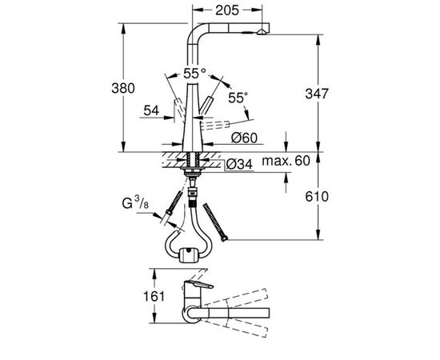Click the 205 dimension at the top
coord(226,10)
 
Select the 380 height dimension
coord(123,88)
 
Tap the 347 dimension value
coord(317,94)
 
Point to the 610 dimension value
coord(317,197)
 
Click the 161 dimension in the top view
coord(154,296)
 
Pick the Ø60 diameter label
coord(244,138)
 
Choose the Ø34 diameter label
coord(239,165)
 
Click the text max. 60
coord(286,161)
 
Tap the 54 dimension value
coord(151,110)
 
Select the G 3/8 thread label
coord(135,202)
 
